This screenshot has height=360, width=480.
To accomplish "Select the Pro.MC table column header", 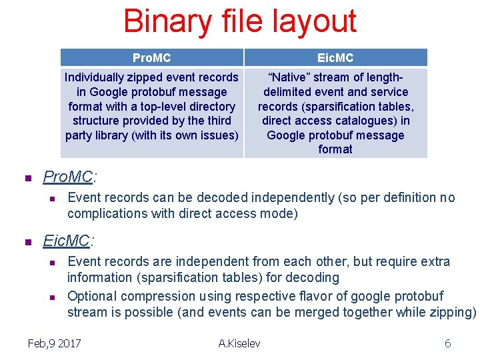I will pyautogui.click(x=151, y=58).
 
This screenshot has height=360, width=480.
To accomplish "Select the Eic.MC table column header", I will pyautogui.click(x=335, y=58).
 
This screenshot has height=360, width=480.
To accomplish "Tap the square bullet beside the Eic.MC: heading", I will pyautogui.click(x=28, y=242).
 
